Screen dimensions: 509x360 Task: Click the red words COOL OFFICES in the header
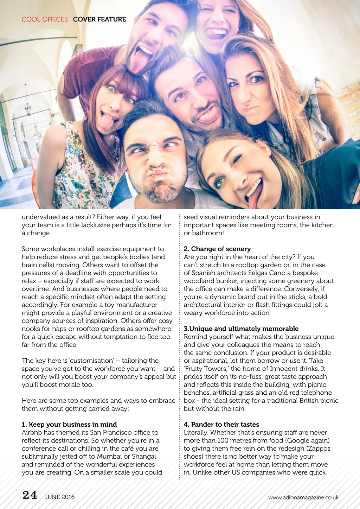[x=45, y=19]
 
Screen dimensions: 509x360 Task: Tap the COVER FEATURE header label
[x=99, y=19]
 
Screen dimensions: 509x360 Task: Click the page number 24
[x=30, y=495]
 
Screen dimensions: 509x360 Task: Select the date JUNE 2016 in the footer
[x=59, y=497]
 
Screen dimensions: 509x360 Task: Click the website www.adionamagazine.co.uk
[x=303, y=497]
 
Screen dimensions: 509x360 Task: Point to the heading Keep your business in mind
[x=72, y=425]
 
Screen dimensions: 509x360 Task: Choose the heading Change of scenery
[x=221, y=249]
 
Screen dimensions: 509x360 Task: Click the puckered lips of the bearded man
[x=159, y=173]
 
